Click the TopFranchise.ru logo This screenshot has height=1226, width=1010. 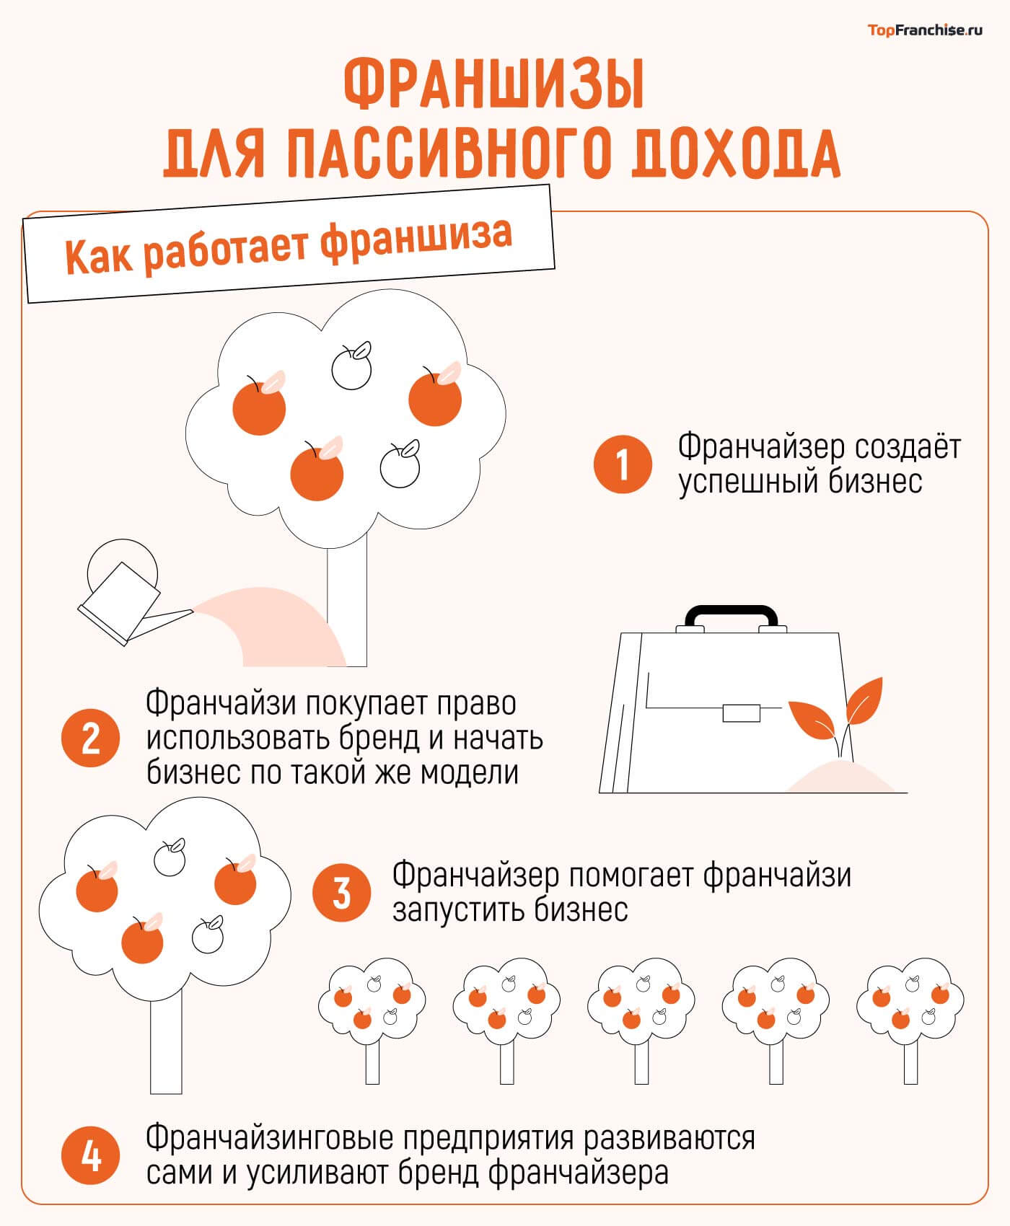coord(924,30)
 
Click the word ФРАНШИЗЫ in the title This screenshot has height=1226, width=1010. coord(493,86)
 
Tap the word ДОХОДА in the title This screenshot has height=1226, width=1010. coord(736,154)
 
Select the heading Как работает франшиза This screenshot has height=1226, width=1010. coord(289,244)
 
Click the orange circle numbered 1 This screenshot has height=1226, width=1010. coord(622,464)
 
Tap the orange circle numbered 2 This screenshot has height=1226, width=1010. coord(90,738)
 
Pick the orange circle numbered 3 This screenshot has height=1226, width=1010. coord(341,893)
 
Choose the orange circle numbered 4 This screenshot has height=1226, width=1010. coord(90,1157)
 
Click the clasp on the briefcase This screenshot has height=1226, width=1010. coord(741,713)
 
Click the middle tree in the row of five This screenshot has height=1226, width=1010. coord(641,1017)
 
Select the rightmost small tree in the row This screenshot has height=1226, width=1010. coord(910,1017)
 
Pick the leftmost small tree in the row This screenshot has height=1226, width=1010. coord(372,1017)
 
